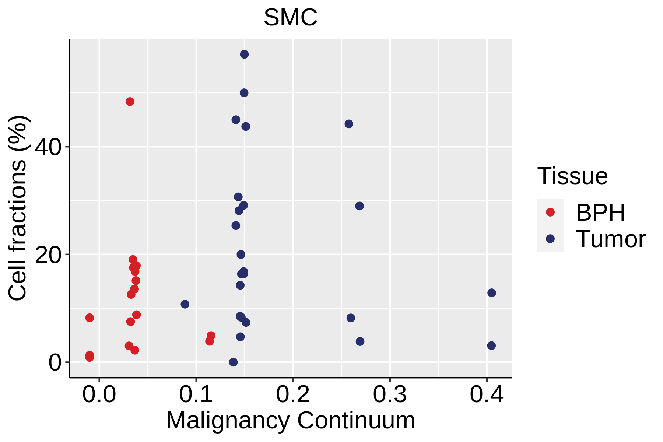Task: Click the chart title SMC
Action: [290, 18]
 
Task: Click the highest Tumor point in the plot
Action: [244, 55]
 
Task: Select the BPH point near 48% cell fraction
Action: [130, 102]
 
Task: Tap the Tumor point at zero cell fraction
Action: [233, 362]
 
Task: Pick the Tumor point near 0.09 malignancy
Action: [185, 304]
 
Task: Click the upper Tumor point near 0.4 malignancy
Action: [492, 293]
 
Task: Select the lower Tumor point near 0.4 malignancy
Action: [491, 345]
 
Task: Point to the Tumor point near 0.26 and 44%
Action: [349, 124]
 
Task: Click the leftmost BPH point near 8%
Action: [90, 318]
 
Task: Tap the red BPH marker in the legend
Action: [550, 212]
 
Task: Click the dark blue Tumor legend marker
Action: [550, 239]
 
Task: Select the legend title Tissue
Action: [572, 176]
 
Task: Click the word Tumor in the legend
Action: [610, 239]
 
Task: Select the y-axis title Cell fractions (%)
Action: [17, 208]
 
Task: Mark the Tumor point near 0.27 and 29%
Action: [359, 206]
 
